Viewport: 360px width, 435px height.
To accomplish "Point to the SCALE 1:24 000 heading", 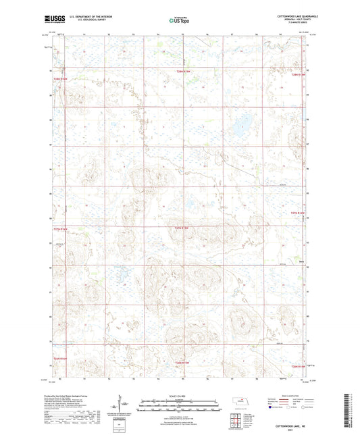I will [180, 396].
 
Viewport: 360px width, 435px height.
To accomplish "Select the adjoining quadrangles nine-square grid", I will [241, 420].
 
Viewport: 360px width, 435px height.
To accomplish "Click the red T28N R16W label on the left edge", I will [61, 78].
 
